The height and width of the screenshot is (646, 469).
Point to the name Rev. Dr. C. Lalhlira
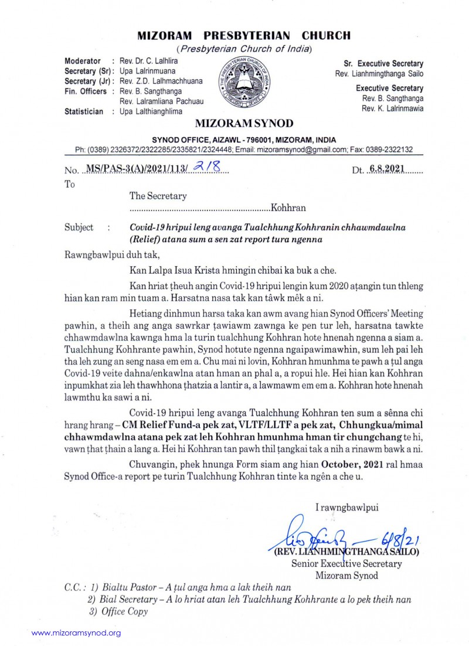[149, 61]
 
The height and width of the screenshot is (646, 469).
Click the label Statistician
[84, 111]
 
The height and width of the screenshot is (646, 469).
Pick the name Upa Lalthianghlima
[151, 111]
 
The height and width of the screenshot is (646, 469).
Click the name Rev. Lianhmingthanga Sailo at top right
[379, 73]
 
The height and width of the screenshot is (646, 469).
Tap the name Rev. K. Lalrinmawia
[392, 108]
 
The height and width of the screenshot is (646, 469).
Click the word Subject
[79, 227]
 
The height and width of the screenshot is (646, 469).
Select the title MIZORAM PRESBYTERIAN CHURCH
[244, 35]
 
